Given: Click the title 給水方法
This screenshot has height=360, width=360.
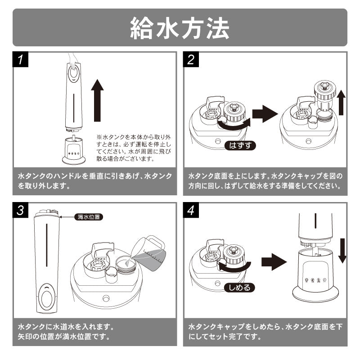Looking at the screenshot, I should tap(180, 28).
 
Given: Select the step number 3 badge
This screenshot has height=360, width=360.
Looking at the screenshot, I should tap(21, 210).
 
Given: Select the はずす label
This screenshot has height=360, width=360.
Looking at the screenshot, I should tap(239, 145).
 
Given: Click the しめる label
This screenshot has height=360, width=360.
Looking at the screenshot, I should tap(239, 287).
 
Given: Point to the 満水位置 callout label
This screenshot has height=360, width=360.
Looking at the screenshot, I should tap(89, 217).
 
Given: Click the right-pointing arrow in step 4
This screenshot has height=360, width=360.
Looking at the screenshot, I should tap(273, 261).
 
